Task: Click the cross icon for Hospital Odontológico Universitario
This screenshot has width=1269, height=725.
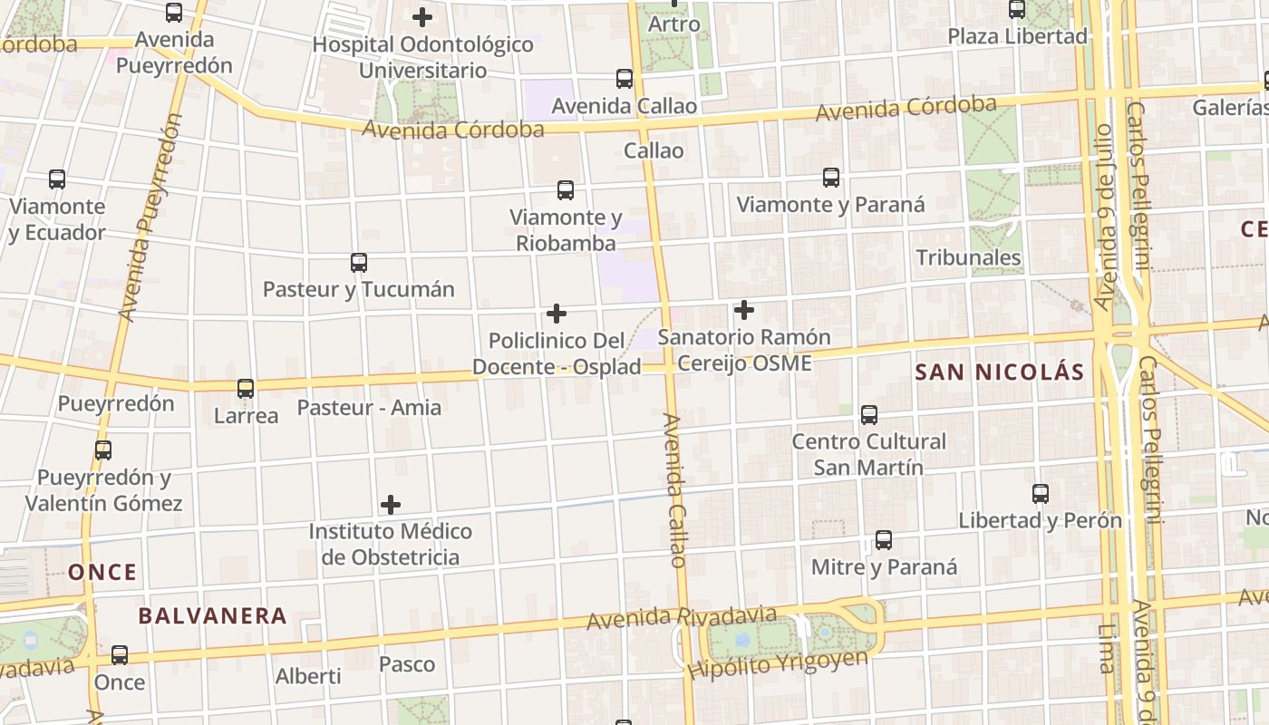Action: (422, 17)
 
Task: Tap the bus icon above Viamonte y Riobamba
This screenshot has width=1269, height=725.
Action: (566, 190)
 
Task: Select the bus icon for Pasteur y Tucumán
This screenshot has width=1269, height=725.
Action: (359, 263)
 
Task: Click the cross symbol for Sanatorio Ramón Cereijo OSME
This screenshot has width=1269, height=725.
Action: (744, 310)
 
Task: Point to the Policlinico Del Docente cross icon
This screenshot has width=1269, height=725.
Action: (557, 314)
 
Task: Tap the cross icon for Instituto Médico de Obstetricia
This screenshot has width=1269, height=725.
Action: (391, 504)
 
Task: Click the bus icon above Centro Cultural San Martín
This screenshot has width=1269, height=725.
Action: (869, 415)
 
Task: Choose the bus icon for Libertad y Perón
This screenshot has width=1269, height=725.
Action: (1041, 494)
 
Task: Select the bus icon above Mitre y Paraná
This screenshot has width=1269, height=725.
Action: (884, 540)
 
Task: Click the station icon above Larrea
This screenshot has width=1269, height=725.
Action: (246, 389)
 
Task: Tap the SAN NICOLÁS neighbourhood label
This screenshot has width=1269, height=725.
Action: (1000, 372)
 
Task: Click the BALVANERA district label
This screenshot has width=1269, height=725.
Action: (212, 616)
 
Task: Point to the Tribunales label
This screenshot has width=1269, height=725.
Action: (968, 257)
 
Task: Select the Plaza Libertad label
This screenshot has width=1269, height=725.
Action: (1017, 36)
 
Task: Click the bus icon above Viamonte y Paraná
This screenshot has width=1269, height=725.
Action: (831, 178)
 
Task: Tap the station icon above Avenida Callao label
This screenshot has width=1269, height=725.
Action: (625, 79)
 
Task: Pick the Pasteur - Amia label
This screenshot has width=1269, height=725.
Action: (369, 407)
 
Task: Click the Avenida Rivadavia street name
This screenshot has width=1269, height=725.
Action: (682, 618)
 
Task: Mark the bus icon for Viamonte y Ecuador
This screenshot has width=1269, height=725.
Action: (57, 179)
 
